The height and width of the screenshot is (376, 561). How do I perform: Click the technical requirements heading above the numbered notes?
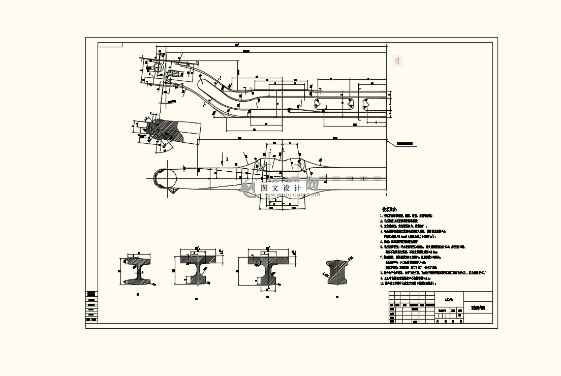click(390, 209)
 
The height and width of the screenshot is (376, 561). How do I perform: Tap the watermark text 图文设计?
click(281, 188)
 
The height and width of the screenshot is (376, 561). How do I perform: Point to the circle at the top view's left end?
click(157, 68)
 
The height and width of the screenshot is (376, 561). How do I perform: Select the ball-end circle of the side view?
click(165, 178)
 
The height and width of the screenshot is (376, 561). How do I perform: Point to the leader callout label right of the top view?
click(407, 144)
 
